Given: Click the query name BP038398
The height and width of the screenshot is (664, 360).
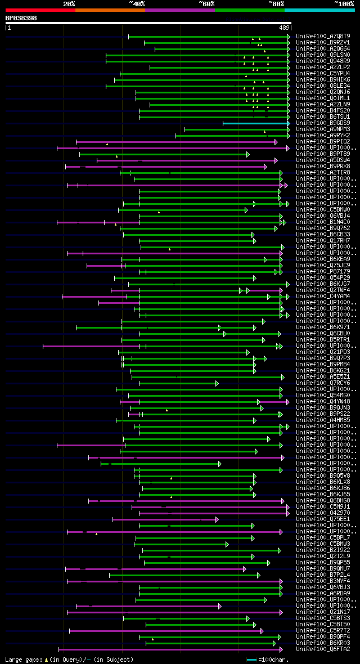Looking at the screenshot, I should (21, 18).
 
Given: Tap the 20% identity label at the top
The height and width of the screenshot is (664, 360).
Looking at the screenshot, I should (69, 4).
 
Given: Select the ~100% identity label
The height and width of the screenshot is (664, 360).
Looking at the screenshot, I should (344, 4).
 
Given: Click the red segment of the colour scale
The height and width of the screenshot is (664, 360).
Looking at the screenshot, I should (40, 10).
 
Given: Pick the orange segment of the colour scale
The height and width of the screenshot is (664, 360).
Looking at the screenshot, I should (110, 10).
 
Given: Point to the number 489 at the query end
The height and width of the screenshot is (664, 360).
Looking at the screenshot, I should (283, 27).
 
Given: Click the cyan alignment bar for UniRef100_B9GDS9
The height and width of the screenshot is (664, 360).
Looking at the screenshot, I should (256, 123).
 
